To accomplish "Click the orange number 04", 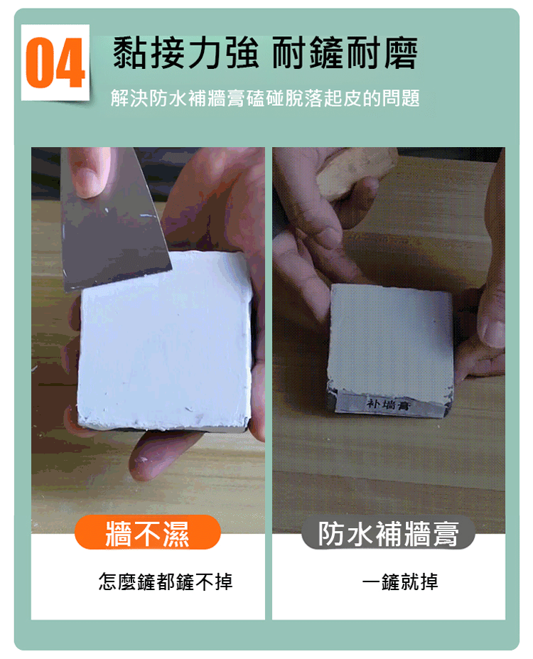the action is click(x=55, y=63).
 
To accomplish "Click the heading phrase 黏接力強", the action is click(x=185, y=53).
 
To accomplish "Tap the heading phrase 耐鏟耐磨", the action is click(x=345, y=53).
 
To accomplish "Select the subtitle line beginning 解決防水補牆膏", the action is click(x=265, y=98).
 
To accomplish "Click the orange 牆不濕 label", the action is click(x=147, y=533).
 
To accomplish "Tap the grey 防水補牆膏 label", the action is click(x=388, y=534).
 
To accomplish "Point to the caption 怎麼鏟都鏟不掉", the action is click(x=166, y=582).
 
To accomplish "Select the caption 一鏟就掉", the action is click(x=400, y=582).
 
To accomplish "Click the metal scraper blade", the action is click(x=112, y=223).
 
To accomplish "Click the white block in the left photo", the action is click(x=165, y=341).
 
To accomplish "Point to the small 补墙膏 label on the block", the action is click(x=388, y=404).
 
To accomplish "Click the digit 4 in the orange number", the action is click(x=70, y=63).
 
